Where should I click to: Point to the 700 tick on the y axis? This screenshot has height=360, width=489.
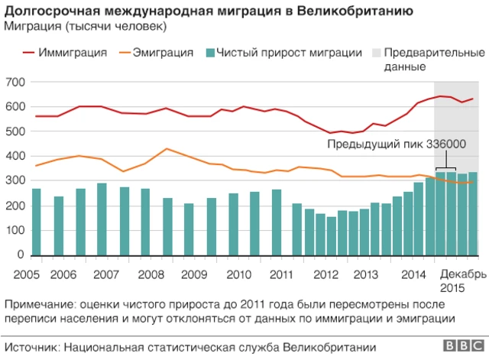click(x=15, y=82)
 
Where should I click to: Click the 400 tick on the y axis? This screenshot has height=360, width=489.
click(x=15, y=156)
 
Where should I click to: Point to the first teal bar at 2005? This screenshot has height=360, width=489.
click(x=36, y=222)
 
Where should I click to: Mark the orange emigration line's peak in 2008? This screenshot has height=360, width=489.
click(x=167, y=148)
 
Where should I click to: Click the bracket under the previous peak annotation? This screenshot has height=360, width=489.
click(x=445, y=168)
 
